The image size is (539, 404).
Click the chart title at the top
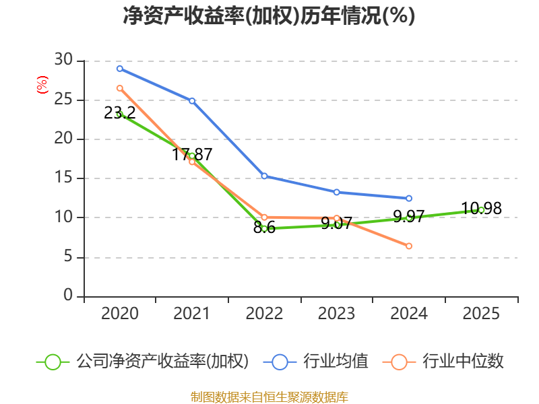coord(269,16)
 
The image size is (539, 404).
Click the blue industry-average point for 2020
coord(120,69)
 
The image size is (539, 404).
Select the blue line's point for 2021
coord(192,101)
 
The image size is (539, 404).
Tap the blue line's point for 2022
coord(264,176)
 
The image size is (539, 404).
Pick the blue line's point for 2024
coord(409,199)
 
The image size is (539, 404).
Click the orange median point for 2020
coord(120,88)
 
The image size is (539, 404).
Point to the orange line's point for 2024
coord(409,246)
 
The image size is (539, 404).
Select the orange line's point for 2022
coord(264,217)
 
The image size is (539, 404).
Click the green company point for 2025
coord(481,210)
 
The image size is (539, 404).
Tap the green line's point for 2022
coord(264,229)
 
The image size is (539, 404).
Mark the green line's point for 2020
coord(120,114)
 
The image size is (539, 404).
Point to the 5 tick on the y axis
coord(67,257)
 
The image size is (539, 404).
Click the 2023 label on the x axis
coord(336,314)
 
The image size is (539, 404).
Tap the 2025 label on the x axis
coord(481,314)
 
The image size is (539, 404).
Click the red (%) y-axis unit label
coord(42,86)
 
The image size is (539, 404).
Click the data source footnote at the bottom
coord(269,397)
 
